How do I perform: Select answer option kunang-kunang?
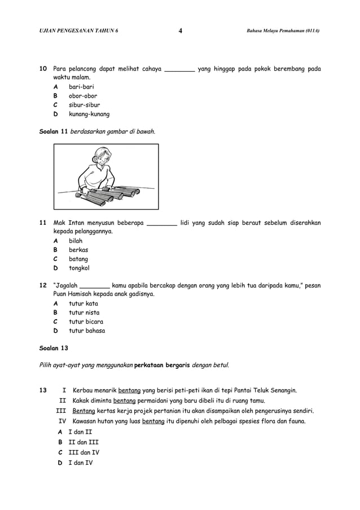pos(89,114)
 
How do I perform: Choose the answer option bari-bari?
pos(81,87)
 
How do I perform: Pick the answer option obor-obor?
pos(83,96)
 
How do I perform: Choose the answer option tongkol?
pos(79,268)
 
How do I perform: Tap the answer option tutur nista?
pos(84,312)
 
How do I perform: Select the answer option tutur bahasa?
pos(87,330)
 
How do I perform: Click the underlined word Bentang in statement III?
pos(84,411)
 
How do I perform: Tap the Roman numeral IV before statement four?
pos(62,421)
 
